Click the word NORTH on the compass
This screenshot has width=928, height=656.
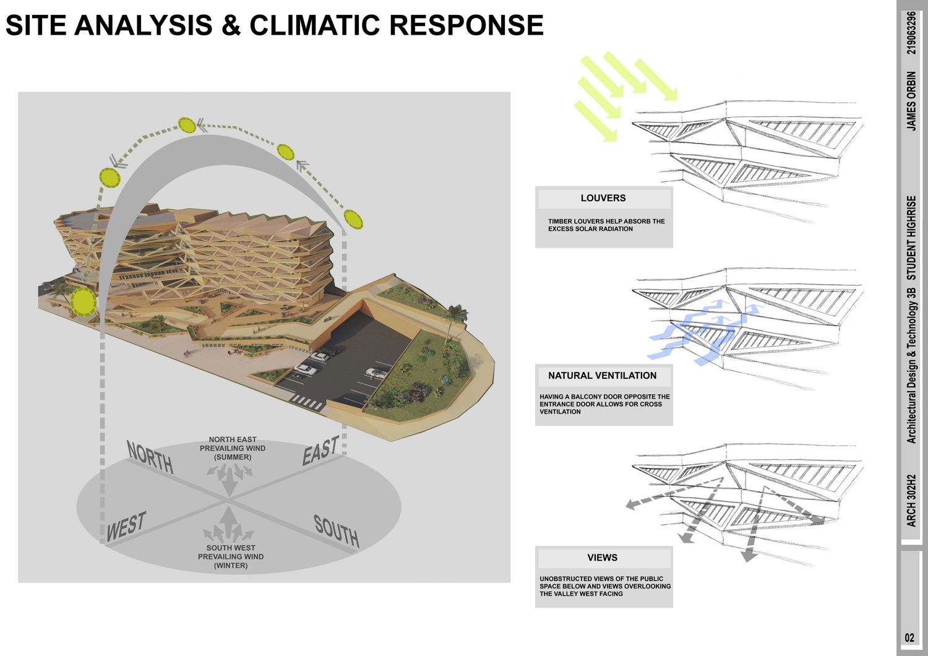[150, 457]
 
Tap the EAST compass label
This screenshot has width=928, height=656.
[320, 451]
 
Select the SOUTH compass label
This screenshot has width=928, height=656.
[336, 531]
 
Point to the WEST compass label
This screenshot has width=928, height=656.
[126, 527]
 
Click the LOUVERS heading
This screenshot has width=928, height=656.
[603, 199]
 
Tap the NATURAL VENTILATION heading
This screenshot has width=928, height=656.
[603, 376]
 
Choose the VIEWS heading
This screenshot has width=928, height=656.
[603, 558]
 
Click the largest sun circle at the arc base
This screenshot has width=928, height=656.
[83, 302]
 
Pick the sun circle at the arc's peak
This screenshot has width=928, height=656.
[187, 126]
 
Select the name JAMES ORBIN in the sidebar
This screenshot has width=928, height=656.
[911, 101]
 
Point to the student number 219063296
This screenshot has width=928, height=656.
[911, 32]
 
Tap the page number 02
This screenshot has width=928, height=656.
[909, 638]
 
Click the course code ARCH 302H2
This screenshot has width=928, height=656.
[911, 501]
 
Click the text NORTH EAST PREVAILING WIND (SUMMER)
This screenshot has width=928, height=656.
[233, 448]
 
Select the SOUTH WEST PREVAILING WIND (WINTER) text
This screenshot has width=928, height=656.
[231, 556]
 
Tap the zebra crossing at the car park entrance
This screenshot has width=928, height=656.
[307, 402]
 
